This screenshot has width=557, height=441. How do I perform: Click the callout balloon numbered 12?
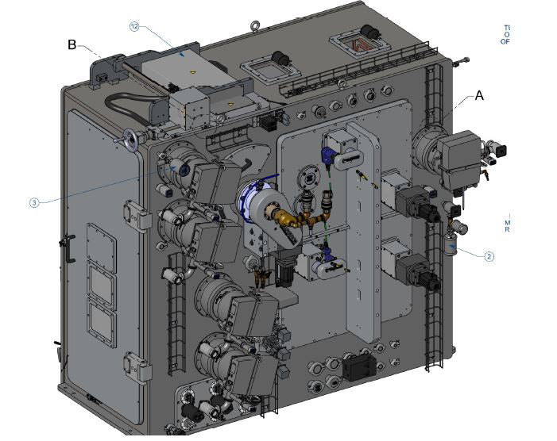pos(134,27)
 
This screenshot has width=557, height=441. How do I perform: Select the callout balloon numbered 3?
pos(34,203)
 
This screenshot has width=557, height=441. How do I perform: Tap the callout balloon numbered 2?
pos(489,256)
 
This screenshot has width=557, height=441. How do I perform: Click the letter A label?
pos(479,95)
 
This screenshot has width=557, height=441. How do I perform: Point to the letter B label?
pos(72,45)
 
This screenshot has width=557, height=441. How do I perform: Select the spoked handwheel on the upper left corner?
pos(130,140)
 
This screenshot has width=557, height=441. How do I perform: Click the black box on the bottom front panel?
pos(358,366)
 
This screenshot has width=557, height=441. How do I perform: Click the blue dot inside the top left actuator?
pos(184,168)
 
